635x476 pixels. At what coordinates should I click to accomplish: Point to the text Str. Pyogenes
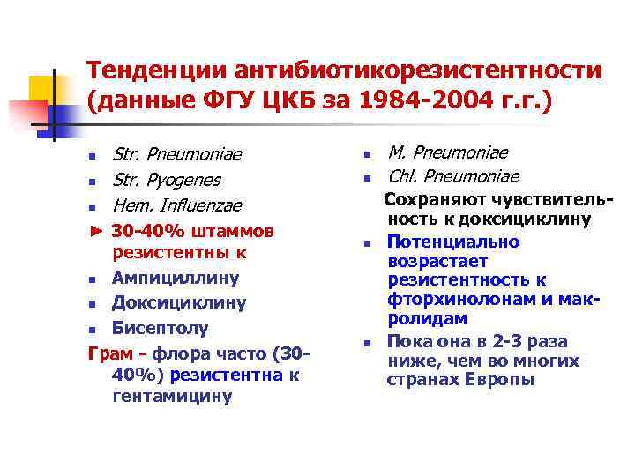[167, 181]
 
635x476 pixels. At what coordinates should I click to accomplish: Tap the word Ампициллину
[176, 279]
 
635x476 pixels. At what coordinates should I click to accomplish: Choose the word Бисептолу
[161, 328]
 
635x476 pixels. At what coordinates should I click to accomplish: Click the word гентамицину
[173, 396]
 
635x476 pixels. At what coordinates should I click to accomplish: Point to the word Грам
[109, 353]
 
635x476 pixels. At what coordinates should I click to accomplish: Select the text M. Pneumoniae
[447, 153]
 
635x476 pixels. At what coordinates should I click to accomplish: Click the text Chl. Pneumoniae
[452, 176]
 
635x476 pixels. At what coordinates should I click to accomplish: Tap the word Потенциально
[453, 242]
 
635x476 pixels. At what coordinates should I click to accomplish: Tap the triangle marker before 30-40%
[96, 231]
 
